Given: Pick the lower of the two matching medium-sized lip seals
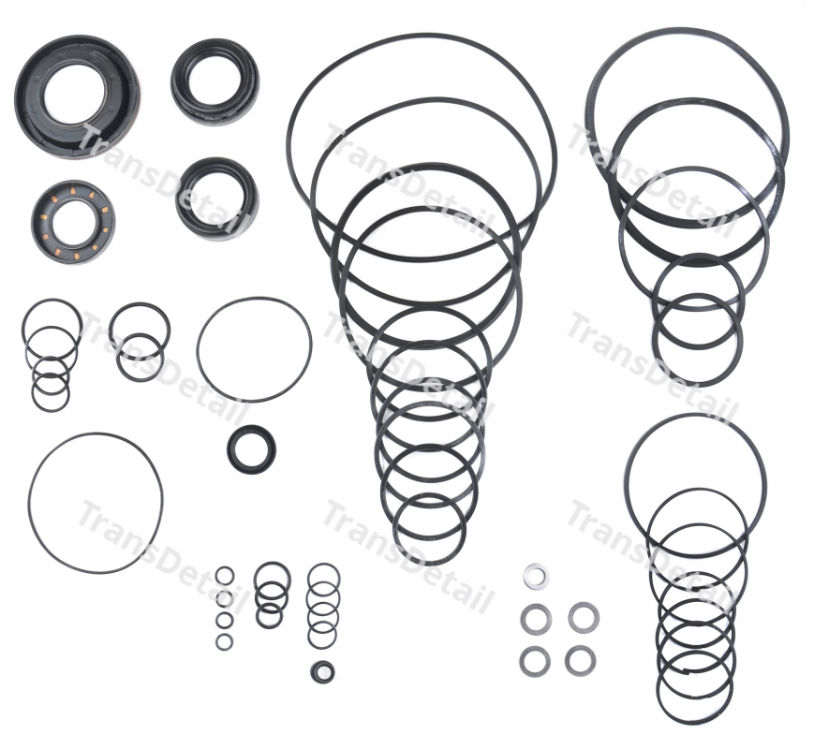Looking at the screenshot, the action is pos(217,198).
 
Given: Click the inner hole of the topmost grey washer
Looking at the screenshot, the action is pos(536,577).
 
